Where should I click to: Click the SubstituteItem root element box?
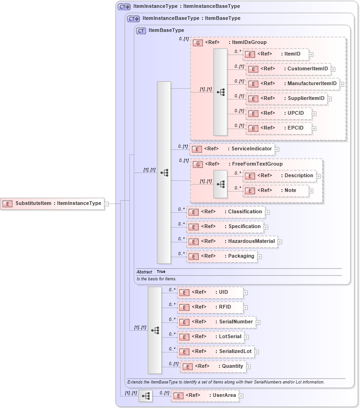click(52, 204)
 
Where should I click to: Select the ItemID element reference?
click(275, 54)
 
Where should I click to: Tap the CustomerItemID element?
click(288, 69)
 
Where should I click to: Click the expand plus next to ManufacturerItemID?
click(342, 84)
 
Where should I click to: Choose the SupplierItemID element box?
click(287, 99)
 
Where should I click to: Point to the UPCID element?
click(279, 113)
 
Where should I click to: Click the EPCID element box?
click(279, 128)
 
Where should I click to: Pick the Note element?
click(275, 190)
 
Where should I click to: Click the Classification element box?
click(226, 212)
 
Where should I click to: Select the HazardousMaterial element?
click(232, 241)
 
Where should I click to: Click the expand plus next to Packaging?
click(260, 257)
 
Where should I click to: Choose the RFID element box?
click(210, 307)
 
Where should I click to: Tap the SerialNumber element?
click(216, 322)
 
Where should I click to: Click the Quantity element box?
click(213, 366)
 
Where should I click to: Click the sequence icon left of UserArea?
click(146, 396)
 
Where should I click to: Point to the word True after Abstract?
click(161, 272)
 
